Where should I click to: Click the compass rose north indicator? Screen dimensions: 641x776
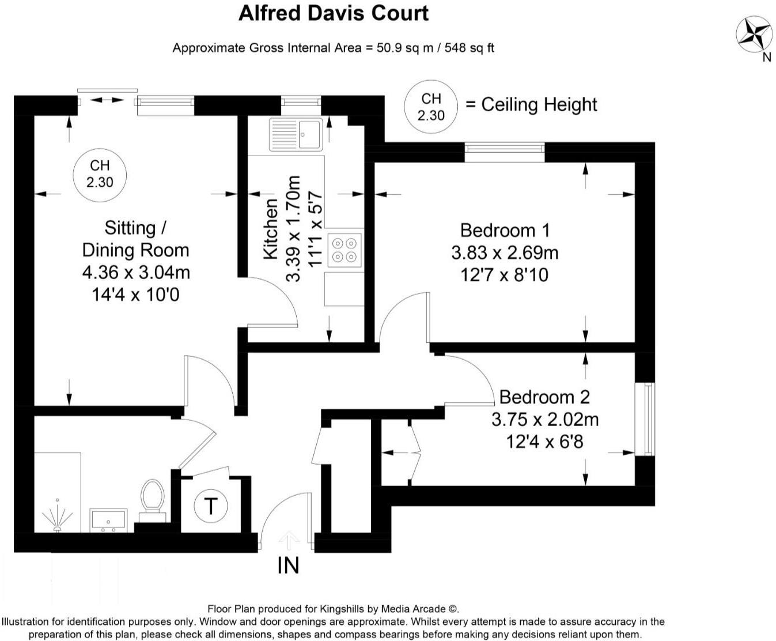754,34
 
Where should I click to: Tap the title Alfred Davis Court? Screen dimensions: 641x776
334,13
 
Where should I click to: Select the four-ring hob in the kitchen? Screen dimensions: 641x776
345,250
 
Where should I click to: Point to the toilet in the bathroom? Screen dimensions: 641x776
153,497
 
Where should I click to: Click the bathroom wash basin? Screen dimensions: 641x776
108,520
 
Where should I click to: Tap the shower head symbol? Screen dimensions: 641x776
56,515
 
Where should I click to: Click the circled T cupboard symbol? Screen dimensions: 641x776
210,506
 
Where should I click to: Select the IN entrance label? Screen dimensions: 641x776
288,565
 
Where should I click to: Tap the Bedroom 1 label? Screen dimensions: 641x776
505,231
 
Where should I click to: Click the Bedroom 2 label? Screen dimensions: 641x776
544,397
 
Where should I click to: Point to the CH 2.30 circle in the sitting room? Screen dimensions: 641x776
100,174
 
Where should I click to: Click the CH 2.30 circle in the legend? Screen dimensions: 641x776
431,107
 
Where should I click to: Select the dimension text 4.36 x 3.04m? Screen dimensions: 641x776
136,272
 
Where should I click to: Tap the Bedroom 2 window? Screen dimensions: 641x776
648,418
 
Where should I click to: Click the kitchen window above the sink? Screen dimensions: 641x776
300,102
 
